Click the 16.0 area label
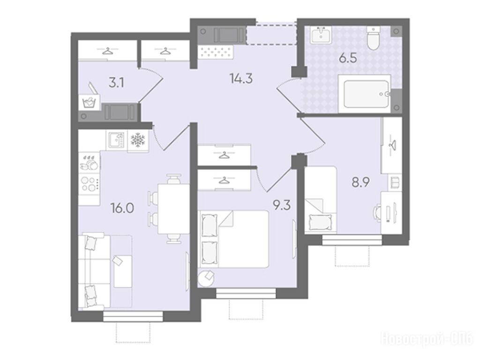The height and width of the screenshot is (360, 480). click(122, 209)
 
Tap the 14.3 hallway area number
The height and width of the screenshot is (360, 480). click(241, 79)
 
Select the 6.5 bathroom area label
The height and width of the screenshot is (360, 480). click(348, 58)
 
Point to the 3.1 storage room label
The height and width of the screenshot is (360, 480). click(116, 83)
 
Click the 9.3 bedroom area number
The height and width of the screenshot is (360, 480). click(282, 205)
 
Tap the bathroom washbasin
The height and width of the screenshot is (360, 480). click(321, 35)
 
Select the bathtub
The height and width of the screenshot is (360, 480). click(365, 94)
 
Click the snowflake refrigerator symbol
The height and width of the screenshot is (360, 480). click(138, 140)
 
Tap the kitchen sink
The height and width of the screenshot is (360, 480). click(116, 140)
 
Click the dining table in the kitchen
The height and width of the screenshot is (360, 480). click(173, 209)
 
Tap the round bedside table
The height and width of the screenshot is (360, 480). click(206, 278)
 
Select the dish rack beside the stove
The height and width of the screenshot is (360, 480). click(89, 163)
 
